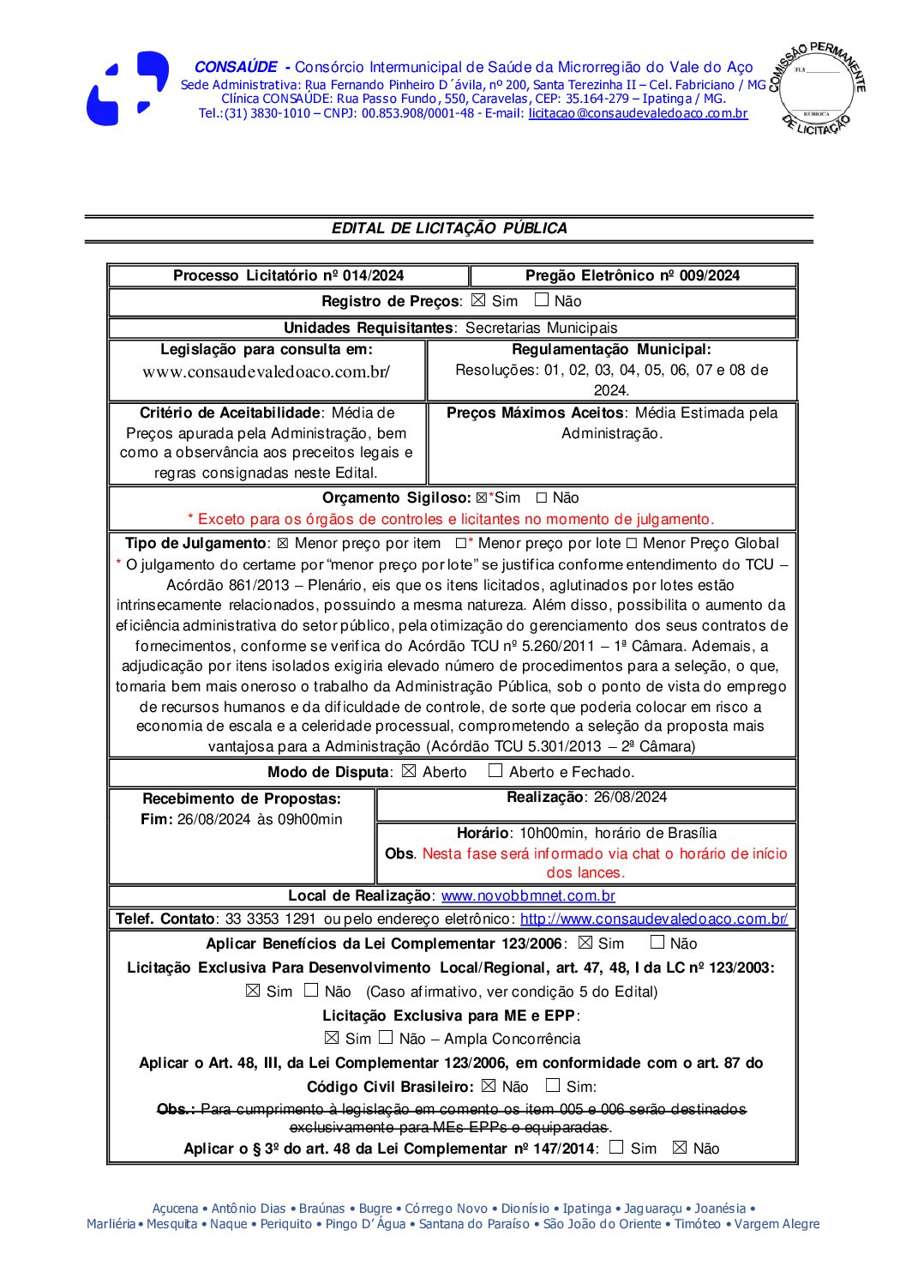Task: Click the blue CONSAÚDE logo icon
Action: [x=127, y=88]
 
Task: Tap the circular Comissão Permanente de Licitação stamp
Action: [x=816, y=87]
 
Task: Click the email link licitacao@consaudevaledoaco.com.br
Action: [x=638, y=113]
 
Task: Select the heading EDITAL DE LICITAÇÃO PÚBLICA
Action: [x=449, y=228]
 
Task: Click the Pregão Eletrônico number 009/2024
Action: [x=709, y=275]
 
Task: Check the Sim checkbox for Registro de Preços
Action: [x=478, y=300]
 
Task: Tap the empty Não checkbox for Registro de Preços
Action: [x=542, y=300]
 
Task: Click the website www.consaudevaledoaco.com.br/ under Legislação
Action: [x=266, y=372]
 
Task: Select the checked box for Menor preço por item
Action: [x=283, y=544]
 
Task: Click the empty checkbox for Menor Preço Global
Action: [x=632, y=544]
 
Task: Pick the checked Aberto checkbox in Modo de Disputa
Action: [x=409, y=771]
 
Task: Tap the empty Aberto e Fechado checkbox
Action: [x=495, y=771]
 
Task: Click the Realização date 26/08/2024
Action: [x=630, y=797]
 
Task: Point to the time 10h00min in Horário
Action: [x=553, y=833]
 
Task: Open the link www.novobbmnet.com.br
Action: [x=528, y=895]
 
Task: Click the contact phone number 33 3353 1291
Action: [x=270, y=919]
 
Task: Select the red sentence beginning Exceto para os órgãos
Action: [x=451, y=519]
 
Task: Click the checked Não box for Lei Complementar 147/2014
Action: [x=680, y=1148]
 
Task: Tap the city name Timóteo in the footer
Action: [x=697, y=1224]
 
